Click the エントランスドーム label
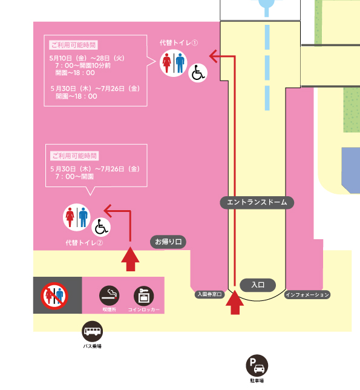click(x=257, y=202)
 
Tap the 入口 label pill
click(x=258, y=285)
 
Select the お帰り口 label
click(x=168, y=242)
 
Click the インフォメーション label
click(x=307, y=295)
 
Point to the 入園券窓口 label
click(x=209, y=294)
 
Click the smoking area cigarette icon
click(x=110, y=296)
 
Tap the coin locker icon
click(x=143, y=296)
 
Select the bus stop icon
click(x=92, y=331)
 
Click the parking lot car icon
click(x=257, y=366)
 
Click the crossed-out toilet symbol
click(x=54, y=296)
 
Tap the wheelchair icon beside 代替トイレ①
click(x=198, y=73)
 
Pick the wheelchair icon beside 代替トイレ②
click(x=101, y=227)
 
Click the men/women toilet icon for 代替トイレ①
click(x=174, y=63)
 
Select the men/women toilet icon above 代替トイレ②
click(x=77, y=217)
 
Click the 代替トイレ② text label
click(x=84, y=243)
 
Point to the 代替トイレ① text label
click(x=178, y=43)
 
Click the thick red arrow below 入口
click(x=235, y=302)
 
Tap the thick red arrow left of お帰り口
click(x=130, y=259)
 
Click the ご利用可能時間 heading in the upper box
click(x=73, y=45)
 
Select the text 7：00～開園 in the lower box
click(x=74, y=177)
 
